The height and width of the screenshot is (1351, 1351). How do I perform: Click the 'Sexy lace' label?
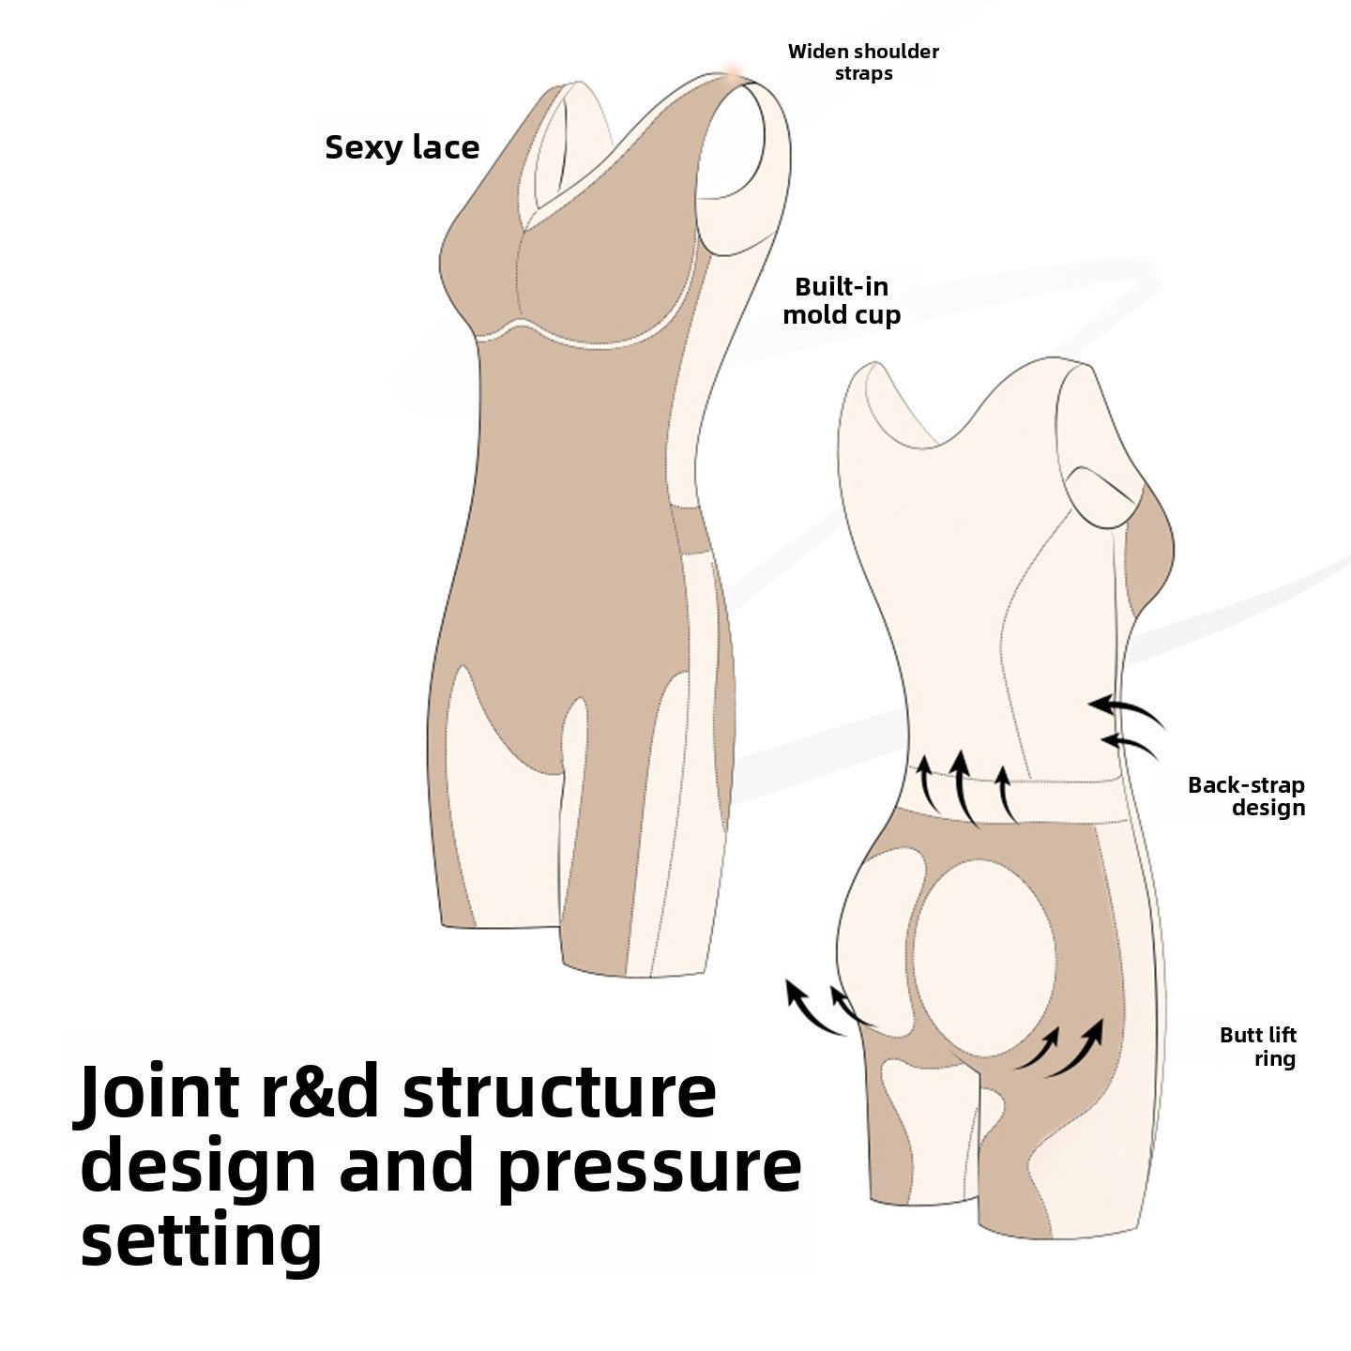click(402, 148)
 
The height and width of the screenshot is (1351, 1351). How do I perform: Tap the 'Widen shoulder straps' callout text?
click(863, 62)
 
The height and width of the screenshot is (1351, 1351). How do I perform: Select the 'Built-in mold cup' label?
click(842, 301)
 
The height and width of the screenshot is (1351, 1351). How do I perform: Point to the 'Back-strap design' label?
click(1247, 796)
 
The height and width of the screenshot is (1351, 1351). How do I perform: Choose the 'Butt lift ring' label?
click(1258, 1046)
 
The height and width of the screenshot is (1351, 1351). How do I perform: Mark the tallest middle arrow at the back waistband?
click(964, 786)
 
